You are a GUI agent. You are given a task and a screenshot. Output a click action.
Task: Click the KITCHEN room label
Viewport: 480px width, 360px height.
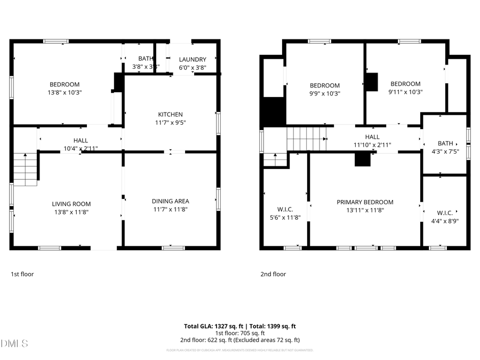pos(170,115)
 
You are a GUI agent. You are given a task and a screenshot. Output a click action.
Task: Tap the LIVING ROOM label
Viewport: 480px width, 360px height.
pos(71,204)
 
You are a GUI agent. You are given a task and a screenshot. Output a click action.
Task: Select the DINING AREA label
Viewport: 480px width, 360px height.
pos(170,201)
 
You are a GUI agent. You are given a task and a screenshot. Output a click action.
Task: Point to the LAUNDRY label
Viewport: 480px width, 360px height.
pos(193,59)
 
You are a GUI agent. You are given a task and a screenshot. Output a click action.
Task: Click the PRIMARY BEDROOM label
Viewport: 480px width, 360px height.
pos(365,202)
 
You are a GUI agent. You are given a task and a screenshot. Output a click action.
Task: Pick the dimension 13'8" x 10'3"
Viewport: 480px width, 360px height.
pos(65,92)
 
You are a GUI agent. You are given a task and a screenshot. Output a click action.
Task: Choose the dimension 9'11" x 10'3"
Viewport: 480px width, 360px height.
pos(405,92)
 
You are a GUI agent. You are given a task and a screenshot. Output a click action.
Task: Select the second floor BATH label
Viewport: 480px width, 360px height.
pos(445,143)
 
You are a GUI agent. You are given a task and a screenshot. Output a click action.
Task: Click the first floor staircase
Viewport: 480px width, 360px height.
pos(25,169)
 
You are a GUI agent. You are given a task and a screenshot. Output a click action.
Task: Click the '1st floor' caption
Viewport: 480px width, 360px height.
pos(22,274)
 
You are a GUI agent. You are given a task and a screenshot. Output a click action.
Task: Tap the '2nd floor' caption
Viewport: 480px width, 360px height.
pos(273,274)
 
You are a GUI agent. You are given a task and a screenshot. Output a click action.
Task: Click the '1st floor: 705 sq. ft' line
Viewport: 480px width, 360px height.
pos(239,333)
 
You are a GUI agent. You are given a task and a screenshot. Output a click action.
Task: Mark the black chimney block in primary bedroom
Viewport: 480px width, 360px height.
pos(363,159)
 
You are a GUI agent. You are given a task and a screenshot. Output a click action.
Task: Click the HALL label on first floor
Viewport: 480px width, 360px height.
pos(81,140)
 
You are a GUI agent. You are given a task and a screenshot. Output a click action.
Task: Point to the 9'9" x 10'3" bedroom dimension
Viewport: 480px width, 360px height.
pos(325,93)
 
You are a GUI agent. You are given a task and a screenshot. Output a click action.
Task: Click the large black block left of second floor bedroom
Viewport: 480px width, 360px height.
pos(274,113)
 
